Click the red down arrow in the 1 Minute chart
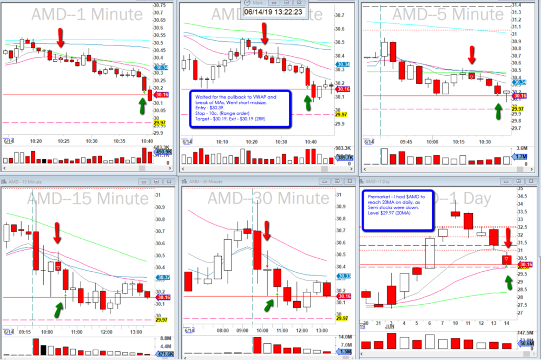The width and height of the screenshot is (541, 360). [x=61, y=37]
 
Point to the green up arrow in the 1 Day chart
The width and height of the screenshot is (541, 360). [x=509, y=282]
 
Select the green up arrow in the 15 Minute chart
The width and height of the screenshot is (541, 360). [x=58, y=309]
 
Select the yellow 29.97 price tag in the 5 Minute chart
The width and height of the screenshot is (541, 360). [x=519, y=109]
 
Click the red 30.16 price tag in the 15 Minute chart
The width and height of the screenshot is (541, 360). [x=163, y=297]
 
